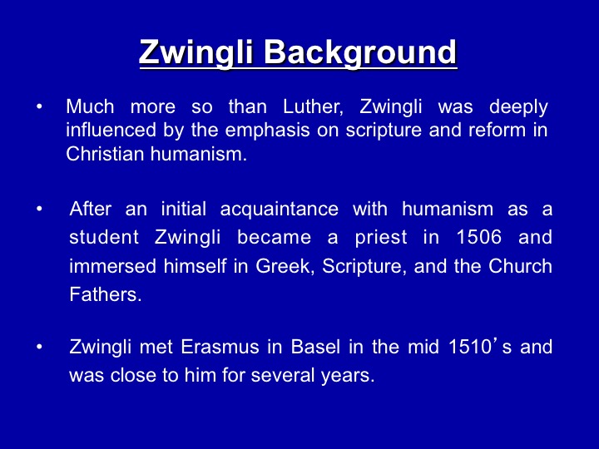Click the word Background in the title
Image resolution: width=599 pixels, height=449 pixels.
tap(360, 52)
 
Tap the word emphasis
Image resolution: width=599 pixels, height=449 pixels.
tap(267, 131)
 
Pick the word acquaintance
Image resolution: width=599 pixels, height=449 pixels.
tap(280, 210)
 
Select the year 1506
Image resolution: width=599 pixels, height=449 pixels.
tap(479, 237)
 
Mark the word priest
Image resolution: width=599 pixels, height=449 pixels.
tap(381, 239)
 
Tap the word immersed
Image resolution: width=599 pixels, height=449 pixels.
tap(112, 266)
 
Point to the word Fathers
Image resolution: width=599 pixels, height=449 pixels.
tap(106, 294)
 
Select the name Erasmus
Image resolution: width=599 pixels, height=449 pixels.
tap(220, 347)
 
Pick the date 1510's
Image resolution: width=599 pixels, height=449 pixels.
tap(480, 346)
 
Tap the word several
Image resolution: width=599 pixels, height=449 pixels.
tap(284, 375)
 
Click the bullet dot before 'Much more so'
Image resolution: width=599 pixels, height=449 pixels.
tap(39, 107)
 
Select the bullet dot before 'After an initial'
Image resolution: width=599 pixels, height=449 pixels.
tap(39, 210)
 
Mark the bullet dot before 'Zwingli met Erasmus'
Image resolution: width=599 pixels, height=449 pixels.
tap(39, 347)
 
